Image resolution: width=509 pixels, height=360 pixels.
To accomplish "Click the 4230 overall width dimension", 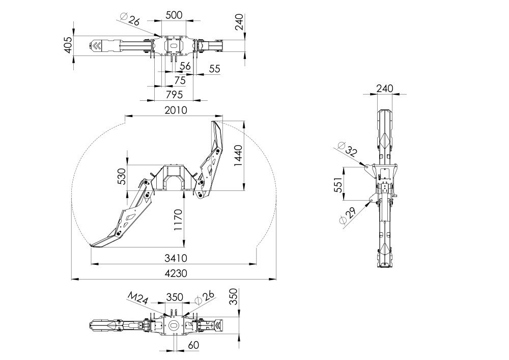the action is (x=176, y=273).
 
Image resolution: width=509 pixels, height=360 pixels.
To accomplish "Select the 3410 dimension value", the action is (x=176, y=258).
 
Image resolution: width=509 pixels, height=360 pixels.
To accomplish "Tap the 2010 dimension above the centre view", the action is (x=176, y=110).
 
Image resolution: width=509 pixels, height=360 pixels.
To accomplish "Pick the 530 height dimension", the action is (x=122, y=176).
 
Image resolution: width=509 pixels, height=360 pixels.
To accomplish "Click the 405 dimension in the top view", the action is (x=68, y=45).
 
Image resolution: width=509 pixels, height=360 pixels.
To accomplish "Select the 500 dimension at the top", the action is (x=174, y=15).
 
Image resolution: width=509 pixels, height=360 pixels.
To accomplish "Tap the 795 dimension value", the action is (x=174, y=95).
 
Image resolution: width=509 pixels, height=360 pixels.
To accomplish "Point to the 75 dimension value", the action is (x=180, y=80).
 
